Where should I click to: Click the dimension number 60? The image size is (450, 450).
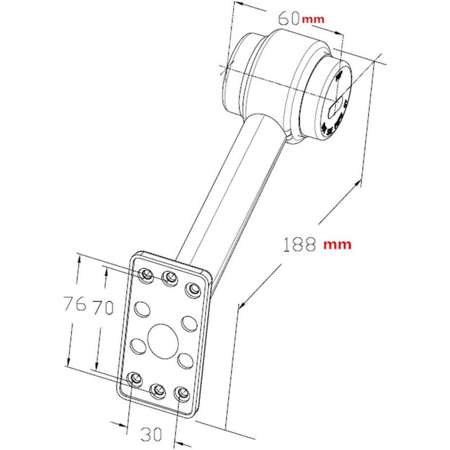288,18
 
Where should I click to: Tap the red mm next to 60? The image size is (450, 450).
313,19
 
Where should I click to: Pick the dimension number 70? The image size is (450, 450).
103,307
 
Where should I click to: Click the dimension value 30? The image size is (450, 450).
152,432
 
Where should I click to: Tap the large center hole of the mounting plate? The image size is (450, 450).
162,339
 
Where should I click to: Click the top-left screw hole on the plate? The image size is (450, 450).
146,275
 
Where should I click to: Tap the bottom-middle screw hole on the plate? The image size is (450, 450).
157,390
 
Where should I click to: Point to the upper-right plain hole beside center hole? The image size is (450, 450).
188,322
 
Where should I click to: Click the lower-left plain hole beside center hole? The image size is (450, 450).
138,346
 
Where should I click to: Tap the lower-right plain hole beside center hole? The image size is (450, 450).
185,360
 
